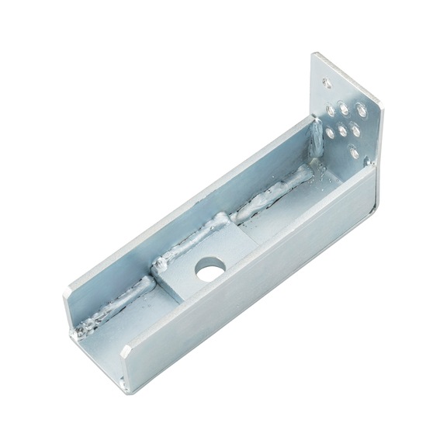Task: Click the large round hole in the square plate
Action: (208, 271)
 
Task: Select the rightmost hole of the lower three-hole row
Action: (355, 128)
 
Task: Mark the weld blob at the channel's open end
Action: (81, 331)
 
